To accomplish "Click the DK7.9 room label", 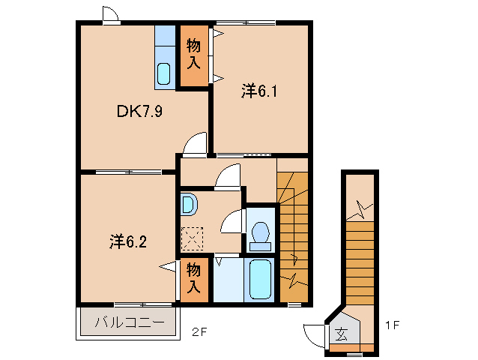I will point(139,112).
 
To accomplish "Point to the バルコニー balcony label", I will point(130,324).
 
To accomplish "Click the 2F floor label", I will point(198,331).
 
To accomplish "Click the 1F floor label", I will point(392,328).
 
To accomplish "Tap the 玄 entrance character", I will point(341,334).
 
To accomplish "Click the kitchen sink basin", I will point(164,73).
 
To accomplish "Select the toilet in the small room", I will point(261,235).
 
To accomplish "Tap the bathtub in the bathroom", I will point(260,280).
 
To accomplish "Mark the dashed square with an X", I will point(193,239).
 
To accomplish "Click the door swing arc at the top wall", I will point(109,14).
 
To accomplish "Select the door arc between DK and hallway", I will point(196,144).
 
